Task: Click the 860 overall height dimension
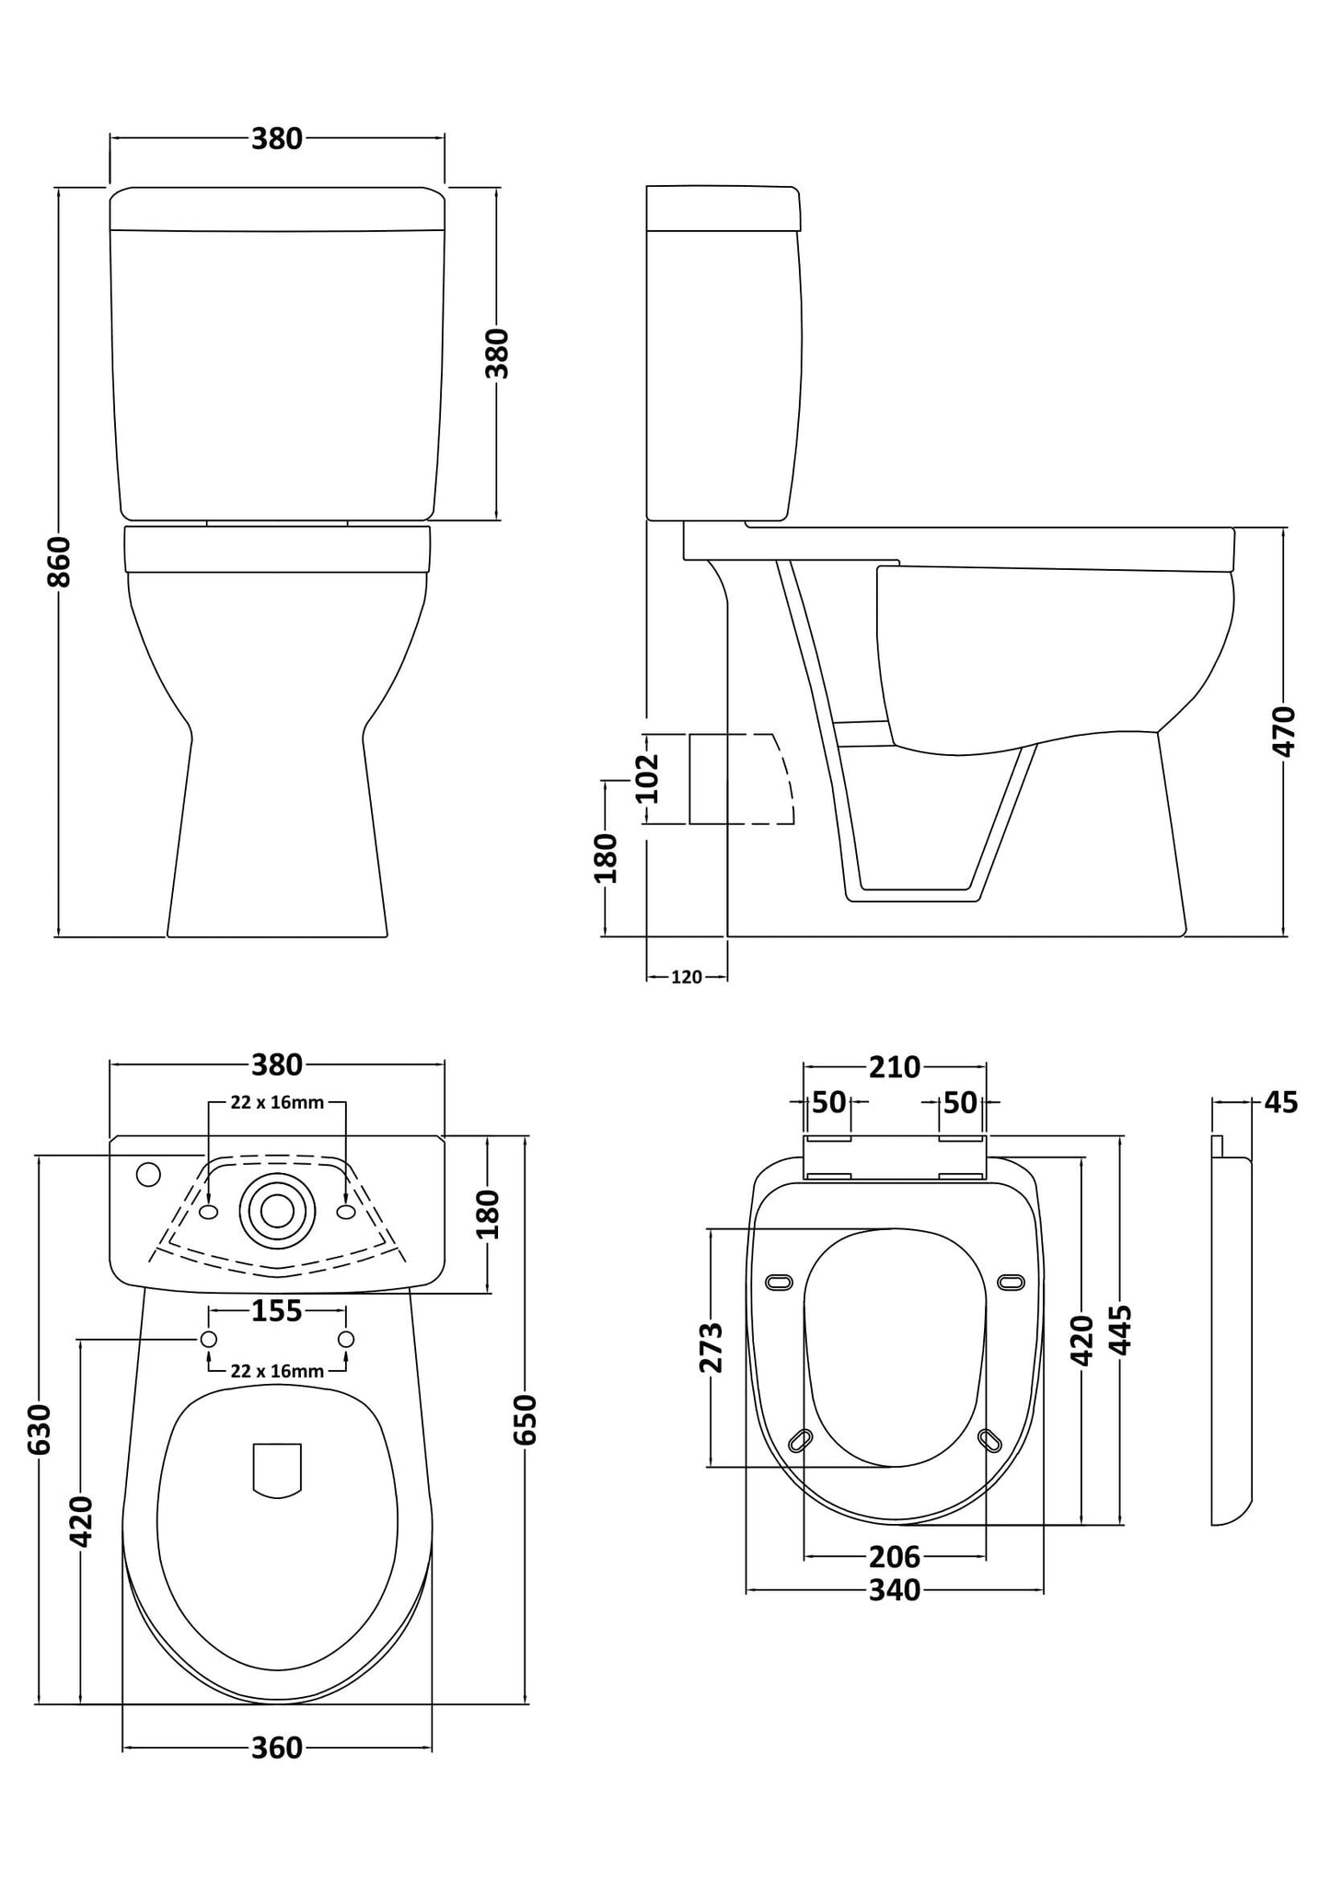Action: [x=59, y=561]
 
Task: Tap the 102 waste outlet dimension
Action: [x=648, y=778]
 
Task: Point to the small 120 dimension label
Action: [x=686, y=977]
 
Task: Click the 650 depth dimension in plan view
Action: [x=525, y=1418]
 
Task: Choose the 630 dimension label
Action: [x=39, y=1429]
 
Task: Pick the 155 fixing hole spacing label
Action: [x=276, y=1310]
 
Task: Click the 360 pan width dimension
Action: [x=276, y=1747]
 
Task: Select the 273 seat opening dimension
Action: [x=711, y=1347]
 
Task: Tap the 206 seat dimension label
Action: [x=894, y=1556]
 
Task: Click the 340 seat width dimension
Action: [x=894, y=1590]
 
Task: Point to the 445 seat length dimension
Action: [x=1120, y=1330]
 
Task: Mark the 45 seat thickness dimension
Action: [x=1280, y=1101]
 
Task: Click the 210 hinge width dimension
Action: [x=894, y=1067]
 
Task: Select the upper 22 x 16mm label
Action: [x=276, y=1102]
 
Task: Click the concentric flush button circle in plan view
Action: [x=277, y=1211]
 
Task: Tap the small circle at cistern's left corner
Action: [x=147, y=1175]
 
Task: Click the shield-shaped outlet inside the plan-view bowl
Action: [x=277, y=1469]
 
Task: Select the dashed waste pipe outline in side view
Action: [x=741, y=778]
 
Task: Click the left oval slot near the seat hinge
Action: [x=779, y=1282]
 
